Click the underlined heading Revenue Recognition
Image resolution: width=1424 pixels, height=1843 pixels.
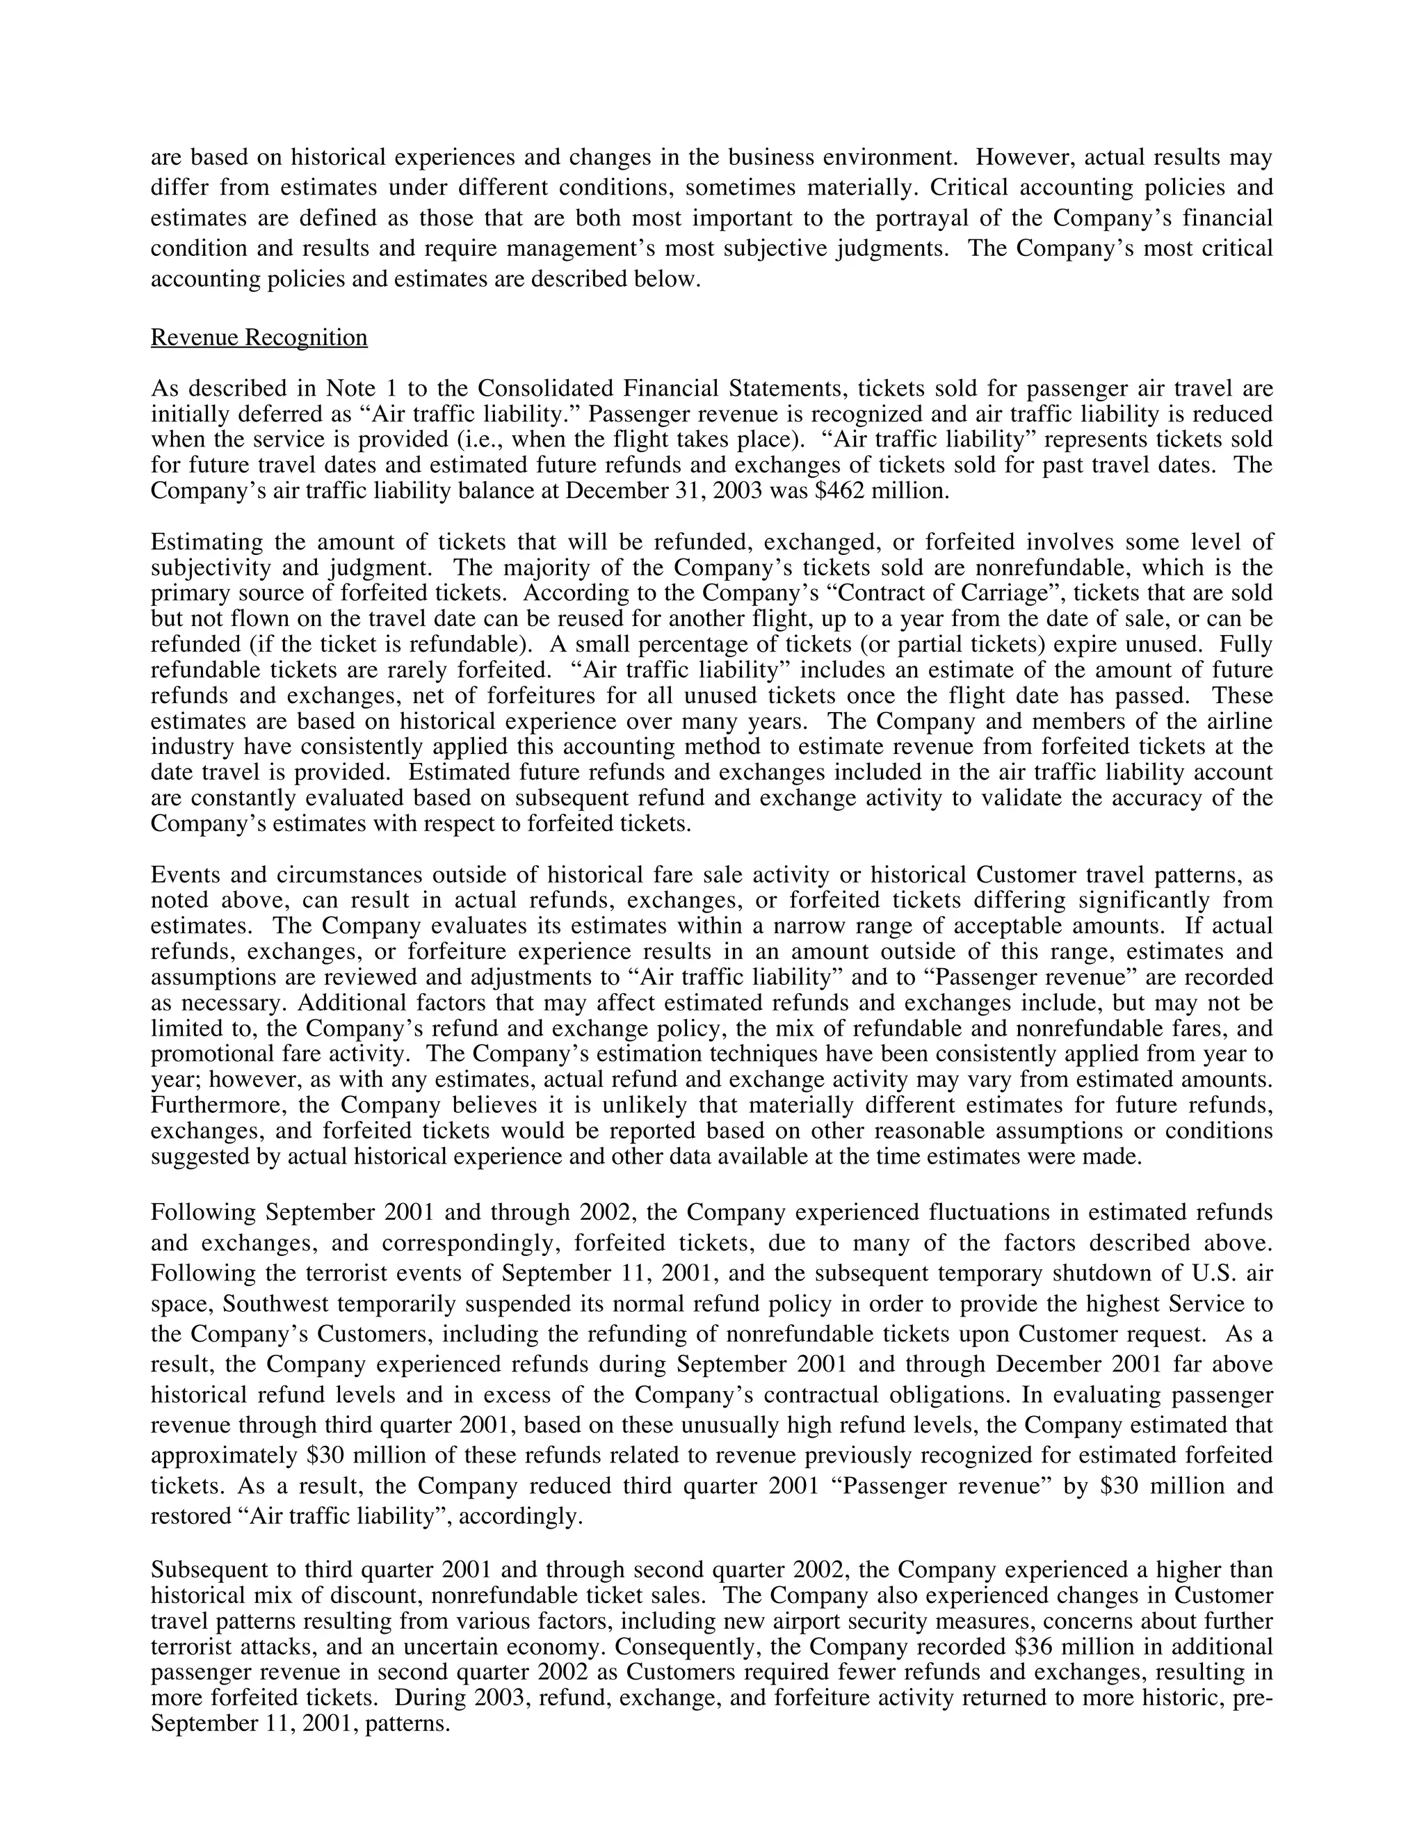pos(259,337)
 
